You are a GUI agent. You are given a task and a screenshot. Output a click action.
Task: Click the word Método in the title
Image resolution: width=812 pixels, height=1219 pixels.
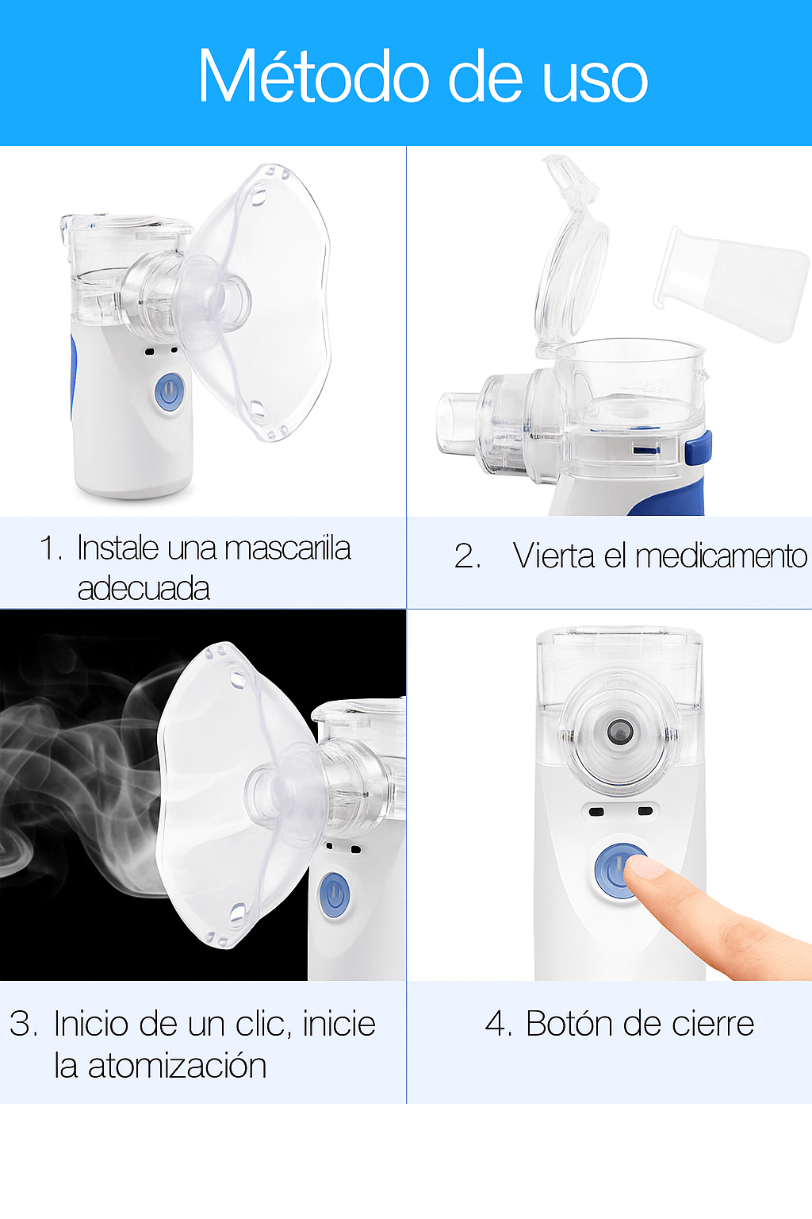click(x=314, y=75)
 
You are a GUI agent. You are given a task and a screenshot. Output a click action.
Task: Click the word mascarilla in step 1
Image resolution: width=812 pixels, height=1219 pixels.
click(x=288, y=548)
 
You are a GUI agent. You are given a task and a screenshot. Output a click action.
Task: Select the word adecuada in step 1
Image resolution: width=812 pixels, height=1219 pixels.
click(x=144, y=589)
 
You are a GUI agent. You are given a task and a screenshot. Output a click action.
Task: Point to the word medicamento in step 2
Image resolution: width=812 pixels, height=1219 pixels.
click(x=721, y=556)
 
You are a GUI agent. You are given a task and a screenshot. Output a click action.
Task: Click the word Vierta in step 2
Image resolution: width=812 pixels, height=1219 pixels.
click(x=553, y=556)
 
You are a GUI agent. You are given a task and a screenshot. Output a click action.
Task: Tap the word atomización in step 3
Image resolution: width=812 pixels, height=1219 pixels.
click(x=178, y=1066)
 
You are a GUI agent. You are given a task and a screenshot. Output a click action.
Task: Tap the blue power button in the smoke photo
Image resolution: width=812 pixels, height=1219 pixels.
click(x=333, y=894)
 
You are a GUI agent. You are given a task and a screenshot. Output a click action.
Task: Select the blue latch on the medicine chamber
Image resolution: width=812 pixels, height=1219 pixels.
click(x=699, y=448)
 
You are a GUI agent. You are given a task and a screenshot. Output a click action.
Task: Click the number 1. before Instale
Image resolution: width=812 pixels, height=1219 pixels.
click(x=52, y=548)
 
